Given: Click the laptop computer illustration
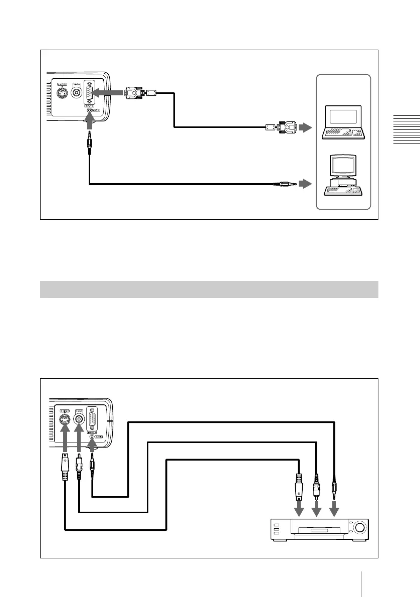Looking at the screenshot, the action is (x=344, y=122).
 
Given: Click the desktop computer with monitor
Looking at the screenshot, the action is (x=343, y=175).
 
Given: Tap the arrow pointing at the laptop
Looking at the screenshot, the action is (x=305, y=127).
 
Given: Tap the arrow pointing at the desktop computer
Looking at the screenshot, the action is (x=305, y=184).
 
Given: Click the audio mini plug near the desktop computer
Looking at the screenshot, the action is (x=285, y=184).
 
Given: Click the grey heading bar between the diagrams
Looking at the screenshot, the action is (x=208, y=289).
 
